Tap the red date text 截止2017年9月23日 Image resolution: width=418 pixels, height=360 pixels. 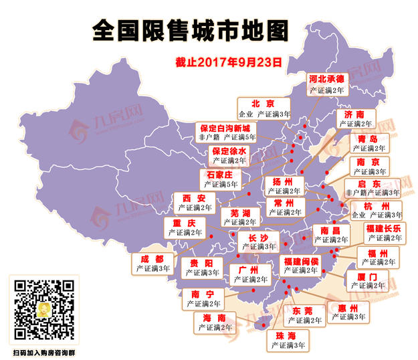(229, 62)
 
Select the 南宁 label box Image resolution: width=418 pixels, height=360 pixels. (202, 299)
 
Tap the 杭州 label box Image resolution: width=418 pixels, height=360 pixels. (377, 210)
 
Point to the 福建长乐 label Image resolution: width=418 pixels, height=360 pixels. (384, 233)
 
